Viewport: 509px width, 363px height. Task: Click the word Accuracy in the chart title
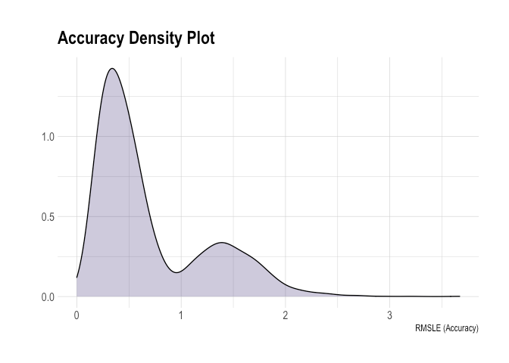click(x=91, y=39)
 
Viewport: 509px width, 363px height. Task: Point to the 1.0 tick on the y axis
click(x=48, y=137)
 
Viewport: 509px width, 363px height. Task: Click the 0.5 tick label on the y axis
click(x=48, y=217)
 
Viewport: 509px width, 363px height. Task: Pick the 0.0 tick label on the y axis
click(x=48, y=297)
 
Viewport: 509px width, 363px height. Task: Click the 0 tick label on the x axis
click(x=77, y=315)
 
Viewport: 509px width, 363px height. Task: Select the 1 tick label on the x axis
click(x=181, y=315)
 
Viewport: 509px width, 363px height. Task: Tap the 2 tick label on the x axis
click(x=286, y=315)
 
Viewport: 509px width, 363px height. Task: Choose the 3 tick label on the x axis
click(x=389, y=315)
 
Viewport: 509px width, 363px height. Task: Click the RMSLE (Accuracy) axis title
click(x=447, y=328)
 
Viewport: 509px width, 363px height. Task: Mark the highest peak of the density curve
click(x=112, y=68)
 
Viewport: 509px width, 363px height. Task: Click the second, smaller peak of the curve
click(x=222, y=243)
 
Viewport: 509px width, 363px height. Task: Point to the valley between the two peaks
click(x=176, y=272)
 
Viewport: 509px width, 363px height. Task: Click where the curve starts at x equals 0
click(x=77, y=278)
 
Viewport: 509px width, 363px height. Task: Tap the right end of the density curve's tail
click(x=460, y=296)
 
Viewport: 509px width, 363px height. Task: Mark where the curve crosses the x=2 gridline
click(x=286, y=285)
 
